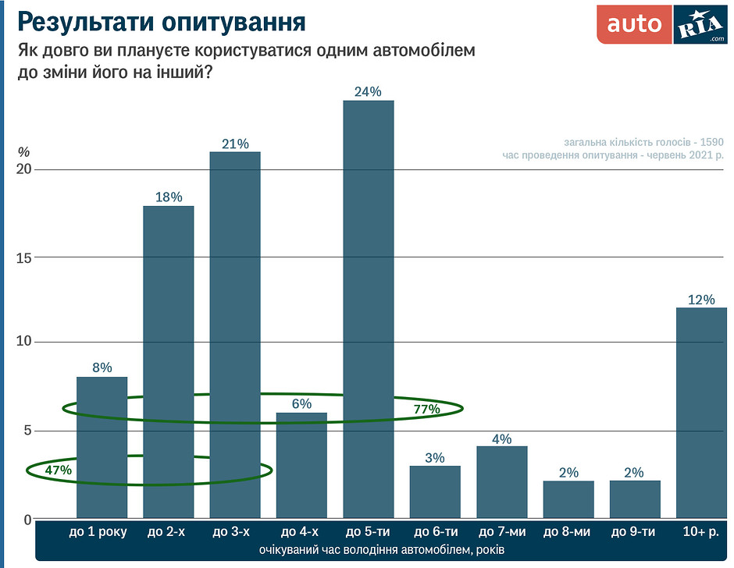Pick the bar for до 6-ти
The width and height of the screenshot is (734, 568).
click(435, 492)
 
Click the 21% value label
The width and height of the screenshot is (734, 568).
click(235, 144)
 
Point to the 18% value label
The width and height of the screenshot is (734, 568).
click(168, 197)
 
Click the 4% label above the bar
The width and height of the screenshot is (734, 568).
click(501, 438)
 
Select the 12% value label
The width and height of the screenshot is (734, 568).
click(701, 300)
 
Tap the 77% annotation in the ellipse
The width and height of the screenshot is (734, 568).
click(426, 408)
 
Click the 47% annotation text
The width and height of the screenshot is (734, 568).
click(59, 470)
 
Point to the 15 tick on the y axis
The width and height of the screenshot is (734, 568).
click(23, 257)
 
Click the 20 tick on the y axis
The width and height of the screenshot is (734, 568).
click(23, 170)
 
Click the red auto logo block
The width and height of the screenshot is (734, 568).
click(634, 24)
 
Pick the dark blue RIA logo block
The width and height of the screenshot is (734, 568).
click(700, 24)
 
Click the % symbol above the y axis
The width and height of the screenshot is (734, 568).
click(23, 151)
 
